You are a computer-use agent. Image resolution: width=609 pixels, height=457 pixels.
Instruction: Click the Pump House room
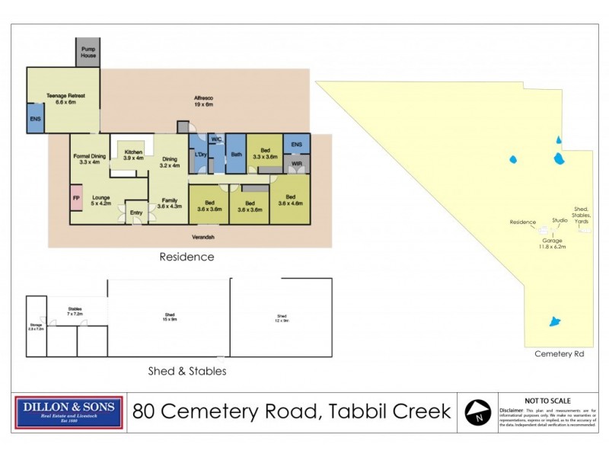click(86, 53)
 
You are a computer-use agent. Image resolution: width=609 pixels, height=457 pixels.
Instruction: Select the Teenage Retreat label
click(62, 98)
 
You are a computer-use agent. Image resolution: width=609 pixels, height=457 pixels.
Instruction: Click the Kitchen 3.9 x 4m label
click(129, 155)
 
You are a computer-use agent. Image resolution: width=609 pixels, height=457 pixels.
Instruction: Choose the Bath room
click(236, 156)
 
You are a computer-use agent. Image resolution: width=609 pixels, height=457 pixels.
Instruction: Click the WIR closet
click(296, 164)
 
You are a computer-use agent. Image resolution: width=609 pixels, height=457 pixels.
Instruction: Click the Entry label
click(136, 213)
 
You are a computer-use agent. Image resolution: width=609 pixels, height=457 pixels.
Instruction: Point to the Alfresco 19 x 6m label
click(202, 102)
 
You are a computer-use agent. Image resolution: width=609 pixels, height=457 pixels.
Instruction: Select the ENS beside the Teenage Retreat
click(35, 120)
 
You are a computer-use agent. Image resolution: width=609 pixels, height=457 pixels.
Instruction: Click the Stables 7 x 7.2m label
click(75, 312)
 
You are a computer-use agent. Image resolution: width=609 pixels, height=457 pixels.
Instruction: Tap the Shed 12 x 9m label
click(282, 318)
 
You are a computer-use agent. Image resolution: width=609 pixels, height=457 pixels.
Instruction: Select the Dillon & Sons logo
click(69, 412)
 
